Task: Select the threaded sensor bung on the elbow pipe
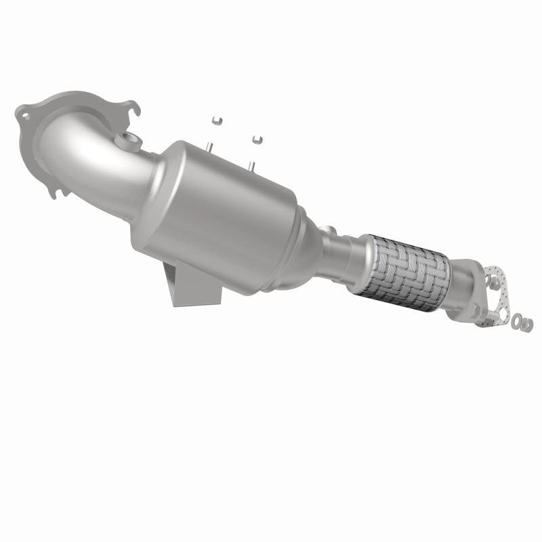(x=126, y=142)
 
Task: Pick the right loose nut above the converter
(x=256, y=139)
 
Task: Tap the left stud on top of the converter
(x=211, y=147)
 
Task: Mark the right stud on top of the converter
(x=251, y=165)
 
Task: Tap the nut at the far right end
(x=527, y=325)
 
